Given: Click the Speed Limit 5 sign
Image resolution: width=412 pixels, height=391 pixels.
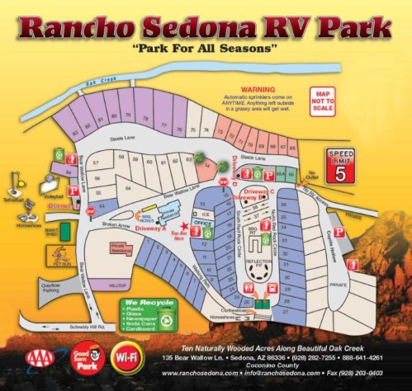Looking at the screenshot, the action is (340, 166).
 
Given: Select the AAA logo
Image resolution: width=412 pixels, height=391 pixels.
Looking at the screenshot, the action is (40, 356).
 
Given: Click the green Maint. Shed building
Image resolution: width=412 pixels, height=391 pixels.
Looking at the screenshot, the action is (50, 233).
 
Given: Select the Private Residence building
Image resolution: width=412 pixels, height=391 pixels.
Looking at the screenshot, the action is (121, 247).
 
